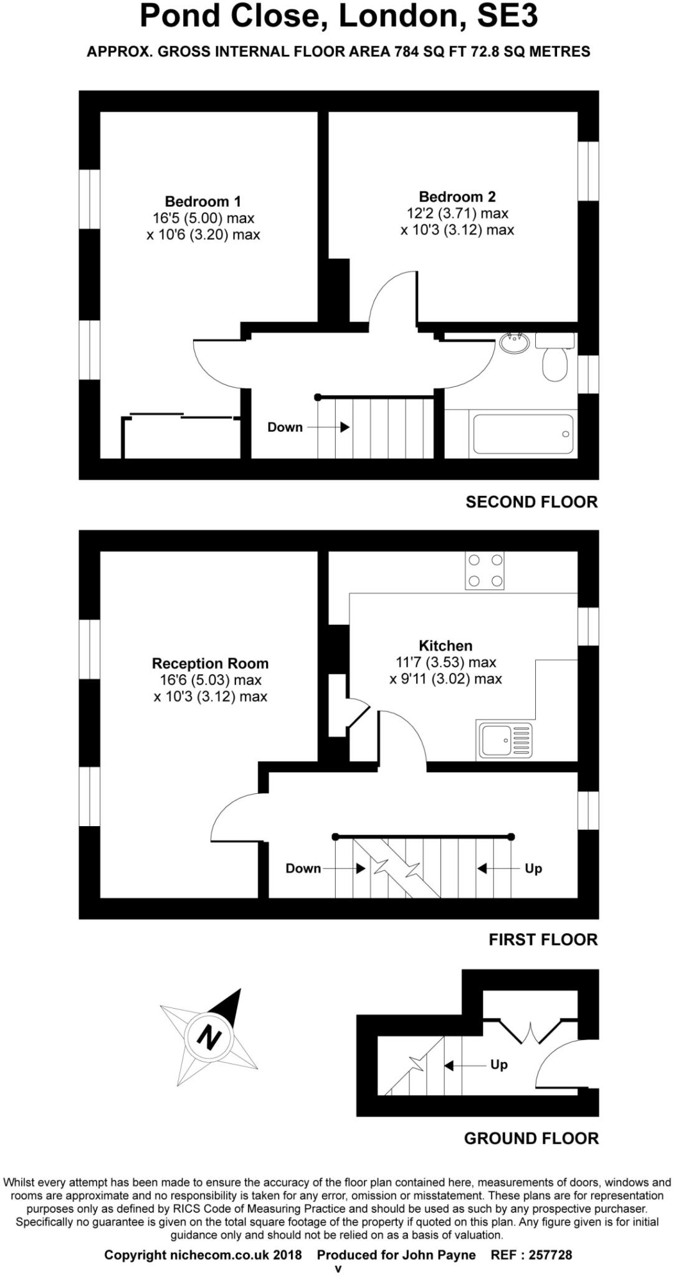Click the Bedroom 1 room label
202,201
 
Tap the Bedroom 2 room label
457,197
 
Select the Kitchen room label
445,645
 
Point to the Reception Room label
210,663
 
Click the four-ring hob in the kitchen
485,571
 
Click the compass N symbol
209,1037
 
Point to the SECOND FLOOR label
531,502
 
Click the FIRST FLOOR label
543,940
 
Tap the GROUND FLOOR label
531,1138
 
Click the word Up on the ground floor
498,1065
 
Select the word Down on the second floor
285,427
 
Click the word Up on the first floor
533,868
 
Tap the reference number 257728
550,1255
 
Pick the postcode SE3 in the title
507,17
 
